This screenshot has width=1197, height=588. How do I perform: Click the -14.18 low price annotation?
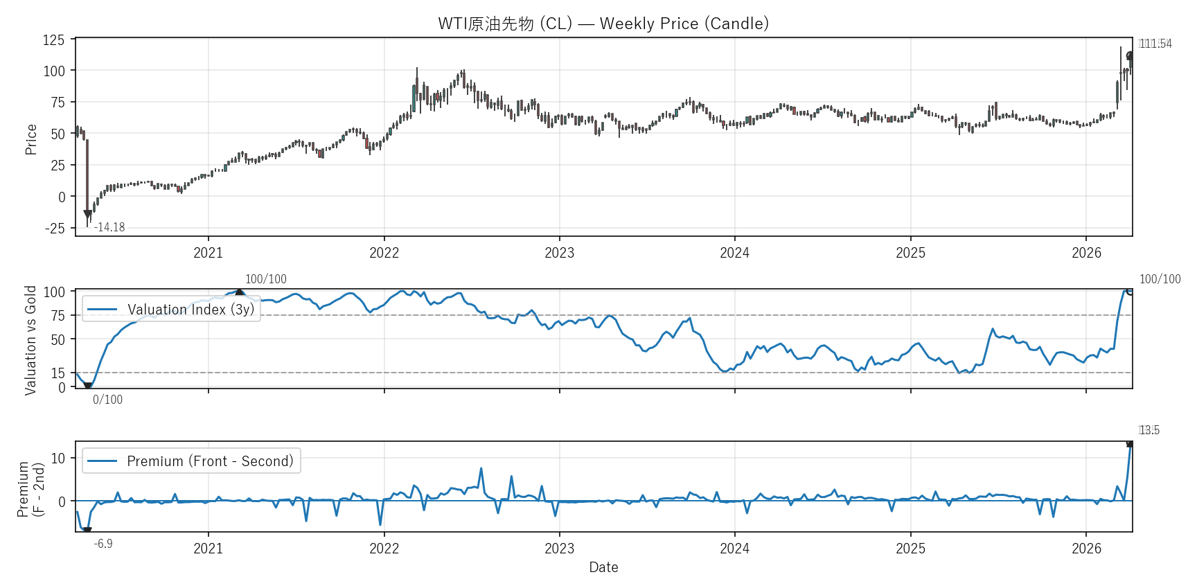(109, 227)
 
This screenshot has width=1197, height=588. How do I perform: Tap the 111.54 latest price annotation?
(1155, 44)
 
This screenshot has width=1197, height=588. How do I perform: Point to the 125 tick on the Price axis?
(54, 40)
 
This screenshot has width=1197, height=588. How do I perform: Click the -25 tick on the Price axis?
(55, 229)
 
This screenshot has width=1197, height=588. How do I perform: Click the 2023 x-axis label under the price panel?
(559, 253)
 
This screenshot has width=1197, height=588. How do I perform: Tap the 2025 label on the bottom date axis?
(910, 549)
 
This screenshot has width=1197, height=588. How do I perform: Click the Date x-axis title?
(603, 567)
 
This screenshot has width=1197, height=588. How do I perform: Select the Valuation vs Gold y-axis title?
(30, 340)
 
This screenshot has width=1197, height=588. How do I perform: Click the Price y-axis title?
(31, 139)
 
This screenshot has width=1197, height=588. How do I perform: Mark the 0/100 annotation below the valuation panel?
(107, 400)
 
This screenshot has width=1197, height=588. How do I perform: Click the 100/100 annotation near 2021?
(265, 279)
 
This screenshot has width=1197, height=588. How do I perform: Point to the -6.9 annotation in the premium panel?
(103, 544)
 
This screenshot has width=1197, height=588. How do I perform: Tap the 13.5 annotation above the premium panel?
(1149, 430)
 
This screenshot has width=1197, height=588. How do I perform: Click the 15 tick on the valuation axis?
(58, 373)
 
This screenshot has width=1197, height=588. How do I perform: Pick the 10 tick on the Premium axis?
(58, 458)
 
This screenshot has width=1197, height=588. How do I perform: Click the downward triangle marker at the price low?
(88, 215)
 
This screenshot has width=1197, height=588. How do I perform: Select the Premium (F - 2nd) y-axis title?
(30, 490)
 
